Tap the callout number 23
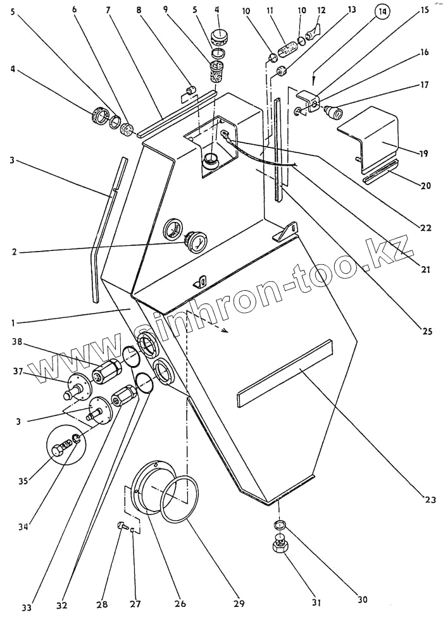(x=430, y=500)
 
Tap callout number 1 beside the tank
(x=13, y=322)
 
